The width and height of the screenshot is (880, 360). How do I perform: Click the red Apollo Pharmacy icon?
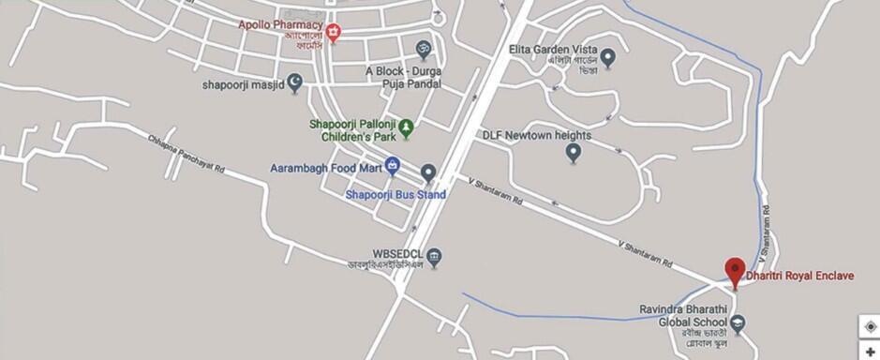[333, 33]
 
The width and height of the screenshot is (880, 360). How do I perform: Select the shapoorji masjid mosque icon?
[295, 83]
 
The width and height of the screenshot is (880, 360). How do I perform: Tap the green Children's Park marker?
[406, 127]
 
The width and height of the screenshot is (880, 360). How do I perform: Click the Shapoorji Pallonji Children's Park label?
[353, 130]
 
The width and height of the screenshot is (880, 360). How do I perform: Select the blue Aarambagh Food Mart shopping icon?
[393, 165]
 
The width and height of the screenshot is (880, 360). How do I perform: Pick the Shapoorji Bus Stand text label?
[395, 195]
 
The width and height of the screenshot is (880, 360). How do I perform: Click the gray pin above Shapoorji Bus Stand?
[428, 172]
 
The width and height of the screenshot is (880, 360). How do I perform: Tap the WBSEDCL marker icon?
[434, 256]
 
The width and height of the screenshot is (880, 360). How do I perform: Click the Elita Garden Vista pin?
[607, 59]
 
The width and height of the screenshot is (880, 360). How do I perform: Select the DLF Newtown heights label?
[536, 135]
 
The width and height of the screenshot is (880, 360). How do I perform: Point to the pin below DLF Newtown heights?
[574, 154]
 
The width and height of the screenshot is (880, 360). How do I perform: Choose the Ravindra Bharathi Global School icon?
[738, 324]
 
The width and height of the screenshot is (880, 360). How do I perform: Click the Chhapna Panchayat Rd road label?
[187, 155]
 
